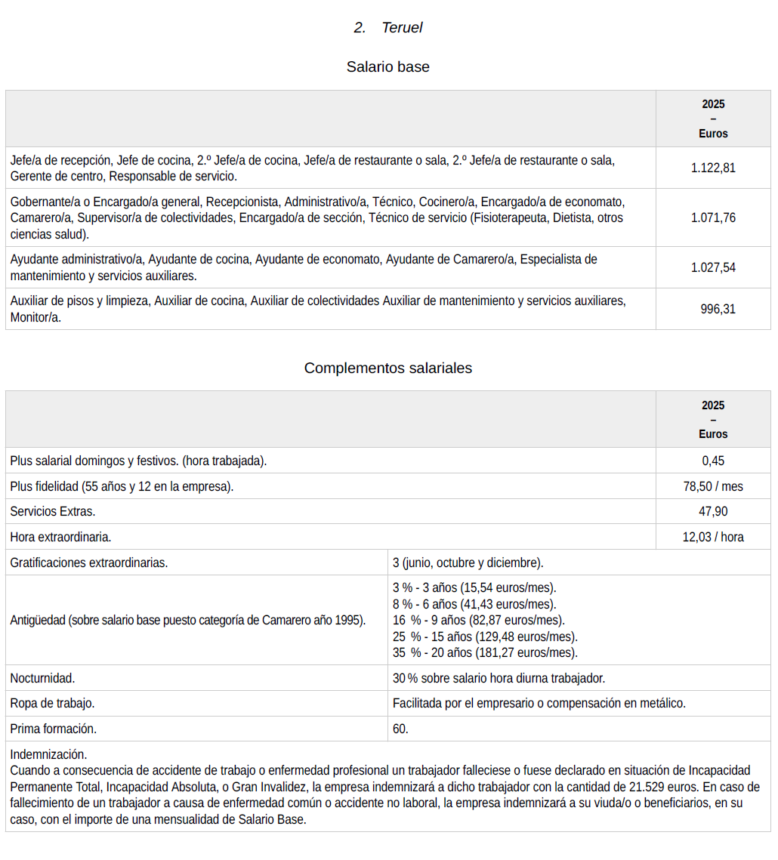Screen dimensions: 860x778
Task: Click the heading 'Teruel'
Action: coord(402,28)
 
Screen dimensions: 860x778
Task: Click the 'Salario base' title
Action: coord(387,66)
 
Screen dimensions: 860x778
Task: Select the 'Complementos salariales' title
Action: coord(387,368)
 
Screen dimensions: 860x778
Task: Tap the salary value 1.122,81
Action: coord(712,168)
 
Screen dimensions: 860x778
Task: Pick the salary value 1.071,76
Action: coord(712,217)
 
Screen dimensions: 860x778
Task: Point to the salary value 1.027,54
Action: coord(712,267)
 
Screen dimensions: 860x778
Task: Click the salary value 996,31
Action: coord(718,309)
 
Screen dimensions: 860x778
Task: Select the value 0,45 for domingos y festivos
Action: coord(712,461)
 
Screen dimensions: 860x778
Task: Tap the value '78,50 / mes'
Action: coord(712,486)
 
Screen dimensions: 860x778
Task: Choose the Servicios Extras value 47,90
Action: coord(712,511)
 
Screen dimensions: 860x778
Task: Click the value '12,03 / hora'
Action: coord(712,537)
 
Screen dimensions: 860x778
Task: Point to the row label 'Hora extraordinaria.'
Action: coord(60,537)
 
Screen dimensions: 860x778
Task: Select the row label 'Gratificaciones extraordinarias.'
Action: coord(89,563)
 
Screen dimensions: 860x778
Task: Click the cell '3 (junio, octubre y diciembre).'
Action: coord(468,563)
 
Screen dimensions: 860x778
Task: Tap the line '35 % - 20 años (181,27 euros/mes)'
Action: coord(485,652)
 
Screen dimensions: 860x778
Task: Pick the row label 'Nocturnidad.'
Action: coord(42,678)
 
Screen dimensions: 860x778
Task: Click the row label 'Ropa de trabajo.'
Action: coord(52,703)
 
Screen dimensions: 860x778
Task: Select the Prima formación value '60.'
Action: coord(400,729)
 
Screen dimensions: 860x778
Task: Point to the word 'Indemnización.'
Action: coord(48,754)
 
